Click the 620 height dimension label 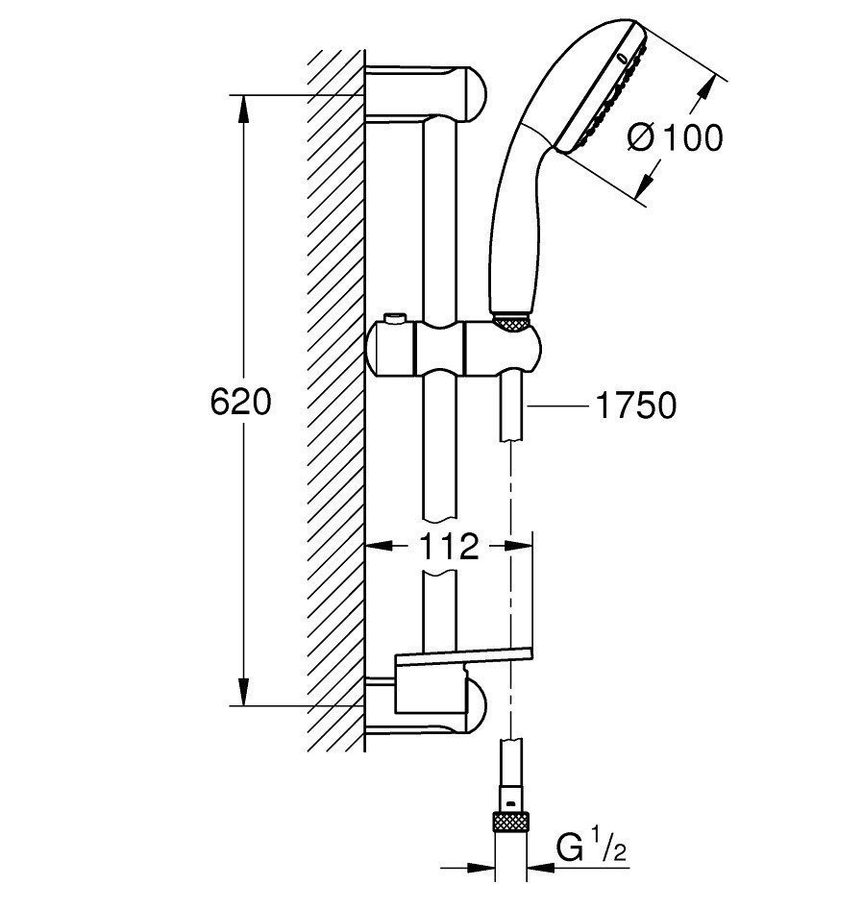240,402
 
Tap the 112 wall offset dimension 449,546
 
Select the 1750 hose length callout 636,405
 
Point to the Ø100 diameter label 676,137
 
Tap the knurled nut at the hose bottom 510,824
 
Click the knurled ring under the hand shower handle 511,323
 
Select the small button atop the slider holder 394,318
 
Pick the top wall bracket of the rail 426,94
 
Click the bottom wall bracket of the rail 427,706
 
